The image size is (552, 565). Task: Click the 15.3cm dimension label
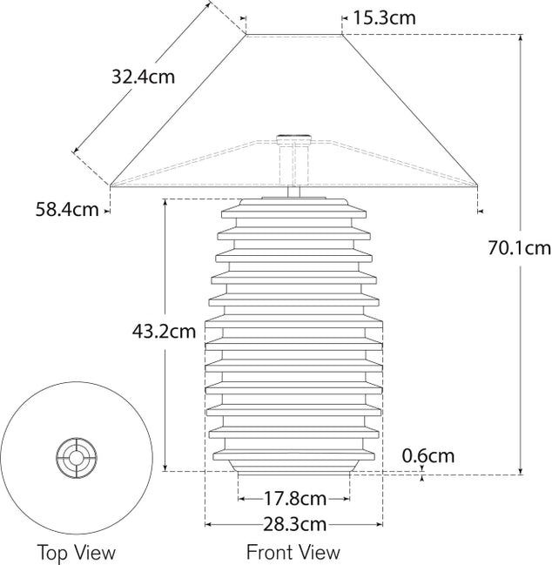[384, 17]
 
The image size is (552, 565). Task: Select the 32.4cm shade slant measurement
[143, 77]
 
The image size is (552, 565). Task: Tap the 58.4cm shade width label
[67, 209]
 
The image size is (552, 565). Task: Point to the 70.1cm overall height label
[519, 248]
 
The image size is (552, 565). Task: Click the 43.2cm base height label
[164, 331]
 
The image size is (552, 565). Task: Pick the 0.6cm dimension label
[427, 455]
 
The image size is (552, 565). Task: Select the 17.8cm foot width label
[294, 499]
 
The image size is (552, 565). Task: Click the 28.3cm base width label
[294, 524]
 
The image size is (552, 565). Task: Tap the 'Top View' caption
[76, 552]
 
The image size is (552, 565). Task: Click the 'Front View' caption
[293, 552]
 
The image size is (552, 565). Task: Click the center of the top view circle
[76, 455]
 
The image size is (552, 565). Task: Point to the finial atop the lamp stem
[293, 137]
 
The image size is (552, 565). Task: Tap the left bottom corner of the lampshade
[111, 185]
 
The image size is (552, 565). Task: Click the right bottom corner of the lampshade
[477, 185]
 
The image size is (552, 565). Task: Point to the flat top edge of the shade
[293, 35]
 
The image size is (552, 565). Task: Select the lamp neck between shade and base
[293, 192]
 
